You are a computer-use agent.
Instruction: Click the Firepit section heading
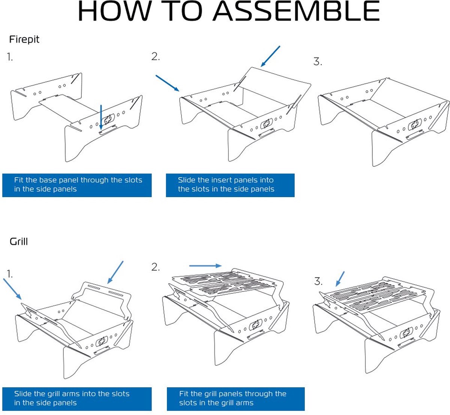pyautogui.click(x=24, y=39)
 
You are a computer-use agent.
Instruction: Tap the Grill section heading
pyautogui.click(x=19, y=241)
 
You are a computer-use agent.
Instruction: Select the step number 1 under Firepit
pyautogui.click(x=10, y=57)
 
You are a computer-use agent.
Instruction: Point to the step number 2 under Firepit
pyautogui.click(x=156, y=57)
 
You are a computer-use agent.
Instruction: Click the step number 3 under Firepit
pyautogui.click(x=318, y=62)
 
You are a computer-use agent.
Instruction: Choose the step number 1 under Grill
pyautogui.click(x=10, y=274)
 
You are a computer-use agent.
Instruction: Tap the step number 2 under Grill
pyautogui.click(x=156, y=267)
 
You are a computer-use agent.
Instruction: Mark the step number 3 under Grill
pyautogui.click(x=318, y=282)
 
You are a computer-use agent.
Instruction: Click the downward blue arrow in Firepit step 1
pyautogui.click(x=101, y=117)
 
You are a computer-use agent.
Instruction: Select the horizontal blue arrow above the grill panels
pyautogui.click(x=205, y=266)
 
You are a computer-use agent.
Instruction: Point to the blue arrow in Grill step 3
pyautogui.click(x=340, y=279)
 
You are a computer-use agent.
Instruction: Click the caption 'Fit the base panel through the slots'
pyautogui.click(x=78, y=180)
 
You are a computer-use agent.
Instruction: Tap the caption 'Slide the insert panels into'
pyautogui.click(x=225, y=180)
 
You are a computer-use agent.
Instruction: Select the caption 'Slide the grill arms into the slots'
pyautogui.click(x=72, y=394)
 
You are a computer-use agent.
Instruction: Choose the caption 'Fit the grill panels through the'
pyautogui.click(x=232, y=394)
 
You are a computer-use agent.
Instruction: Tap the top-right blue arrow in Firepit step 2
pyautogui.click(x=270, y=56)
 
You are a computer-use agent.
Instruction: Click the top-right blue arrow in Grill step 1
pyautogui.click(x=115, y=272)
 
